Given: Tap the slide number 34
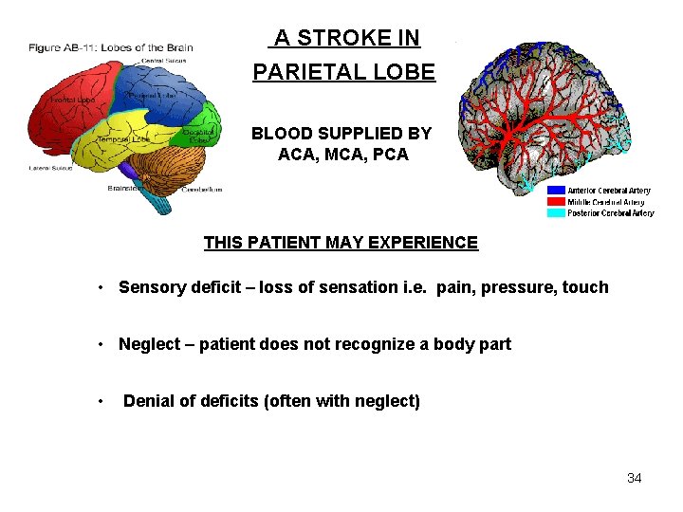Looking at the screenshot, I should [634, 478].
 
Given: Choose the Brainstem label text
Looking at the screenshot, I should [126, 188].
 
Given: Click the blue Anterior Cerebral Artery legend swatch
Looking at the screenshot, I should [556, 191].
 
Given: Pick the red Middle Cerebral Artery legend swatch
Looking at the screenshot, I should [556, 202].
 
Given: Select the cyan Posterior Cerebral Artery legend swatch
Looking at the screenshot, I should [556, 213].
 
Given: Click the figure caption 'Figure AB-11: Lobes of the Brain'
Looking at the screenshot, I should [110, 47].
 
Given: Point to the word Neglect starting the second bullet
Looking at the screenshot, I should [147, 344].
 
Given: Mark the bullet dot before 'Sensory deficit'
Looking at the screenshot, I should [100, 287].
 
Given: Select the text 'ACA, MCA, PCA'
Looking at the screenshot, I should [342, 155].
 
